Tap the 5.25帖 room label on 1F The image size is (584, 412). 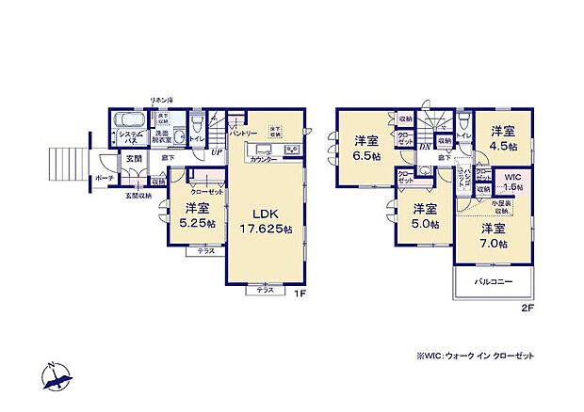coord(197,215)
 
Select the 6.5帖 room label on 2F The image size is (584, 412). coord(365,149)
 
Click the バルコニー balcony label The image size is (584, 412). coord(494,282)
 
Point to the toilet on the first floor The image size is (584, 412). coord(197,123)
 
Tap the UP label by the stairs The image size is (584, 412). coord(217,152)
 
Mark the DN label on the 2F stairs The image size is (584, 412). coord(425,147)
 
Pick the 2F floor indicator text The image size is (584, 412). coord(527,307)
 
